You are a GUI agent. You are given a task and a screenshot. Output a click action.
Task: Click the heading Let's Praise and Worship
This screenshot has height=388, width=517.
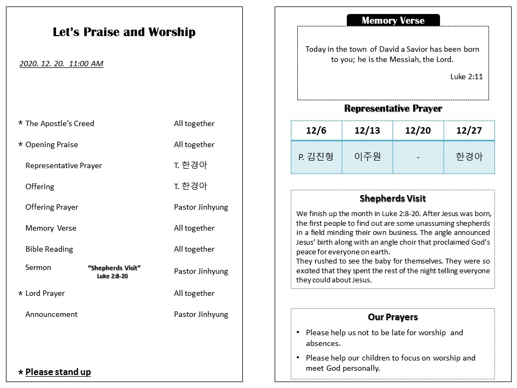[124, 32]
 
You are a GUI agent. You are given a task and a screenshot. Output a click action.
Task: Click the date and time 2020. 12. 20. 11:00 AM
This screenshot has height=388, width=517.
[61, 64]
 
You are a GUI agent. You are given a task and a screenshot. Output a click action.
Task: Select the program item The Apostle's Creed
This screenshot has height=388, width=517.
[59, 123]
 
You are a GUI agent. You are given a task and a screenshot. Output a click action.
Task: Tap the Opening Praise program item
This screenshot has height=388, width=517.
[51, 144]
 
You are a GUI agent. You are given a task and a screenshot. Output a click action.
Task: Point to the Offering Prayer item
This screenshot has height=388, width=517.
[52, 207]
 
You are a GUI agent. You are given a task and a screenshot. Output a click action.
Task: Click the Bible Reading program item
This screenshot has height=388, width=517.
[49, 249]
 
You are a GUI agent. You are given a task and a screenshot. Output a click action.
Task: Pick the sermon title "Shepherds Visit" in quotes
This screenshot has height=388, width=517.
[114, 268]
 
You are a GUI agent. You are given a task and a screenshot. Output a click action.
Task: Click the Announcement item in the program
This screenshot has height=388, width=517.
[51, 314]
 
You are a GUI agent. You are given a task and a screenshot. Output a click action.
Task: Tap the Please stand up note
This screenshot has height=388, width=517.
[58, 372]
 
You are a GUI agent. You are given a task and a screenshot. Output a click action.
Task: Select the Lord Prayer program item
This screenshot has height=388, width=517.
[45, 293]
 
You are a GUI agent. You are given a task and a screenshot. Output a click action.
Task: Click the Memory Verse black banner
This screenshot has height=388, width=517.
[393, 20]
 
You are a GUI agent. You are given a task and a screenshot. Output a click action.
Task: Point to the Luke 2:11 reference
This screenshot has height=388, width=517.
[466, 77]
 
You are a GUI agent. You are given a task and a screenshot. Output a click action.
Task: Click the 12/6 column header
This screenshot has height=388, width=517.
[316, 130]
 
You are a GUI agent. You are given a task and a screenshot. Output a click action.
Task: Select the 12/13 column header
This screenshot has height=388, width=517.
[367, 130]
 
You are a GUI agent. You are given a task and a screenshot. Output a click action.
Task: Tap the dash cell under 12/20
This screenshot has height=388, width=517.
[418, 157]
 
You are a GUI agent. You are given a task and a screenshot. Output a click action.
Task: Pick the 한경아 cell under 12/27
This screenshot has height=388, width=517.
[469, 157]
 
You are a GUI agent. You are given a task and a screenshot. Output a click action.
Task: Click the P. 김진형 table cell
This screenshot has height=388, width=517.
[316, 157]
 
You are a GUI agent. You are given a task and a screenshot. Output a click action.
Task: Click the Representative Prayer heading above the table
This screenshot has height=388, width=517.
[393, 108]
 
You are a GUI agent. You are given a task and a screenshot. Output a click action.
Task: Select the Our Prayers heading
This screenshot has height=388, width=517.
[393, 317]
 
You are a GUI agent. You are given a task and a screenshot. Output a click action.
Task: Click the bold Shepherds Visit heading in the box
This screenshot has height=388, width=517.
[393, 198]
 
